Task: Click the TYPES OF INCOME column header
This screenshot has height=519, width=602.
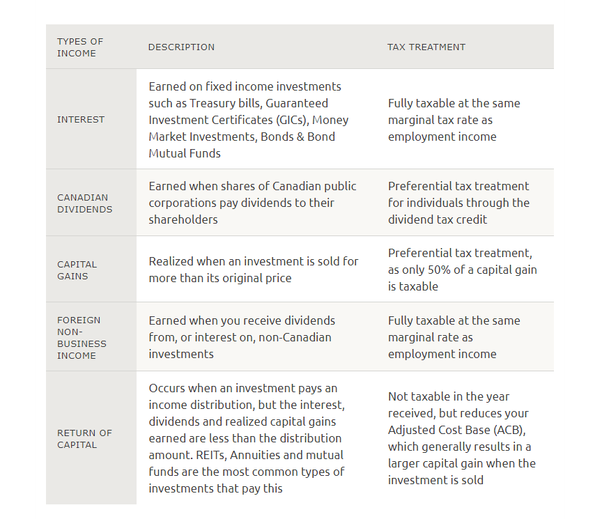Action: (x=79, y=47)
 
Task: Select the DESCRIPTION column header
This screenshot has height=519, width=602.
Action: (x=181, y=47)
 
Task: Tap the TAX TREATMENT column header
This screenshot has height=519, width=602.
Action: (x=426, y=47)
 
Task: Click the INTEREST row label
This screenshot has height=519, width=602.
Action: (x=81, y=120)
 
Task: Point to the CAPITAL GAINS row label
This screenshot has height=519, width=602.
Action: (x=77, y=270)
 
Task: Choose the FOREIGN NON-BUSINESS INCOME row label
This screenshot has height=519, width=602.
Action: (x=82, y=338)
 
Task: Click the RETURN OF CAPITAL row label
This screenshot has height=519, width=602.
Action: (x=84, y=439)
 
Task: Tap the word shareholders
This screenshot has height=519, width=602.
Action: (x=183, y=219)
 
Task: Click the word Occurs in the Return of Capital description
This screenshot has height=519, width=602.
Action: (x=168, y=388)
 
